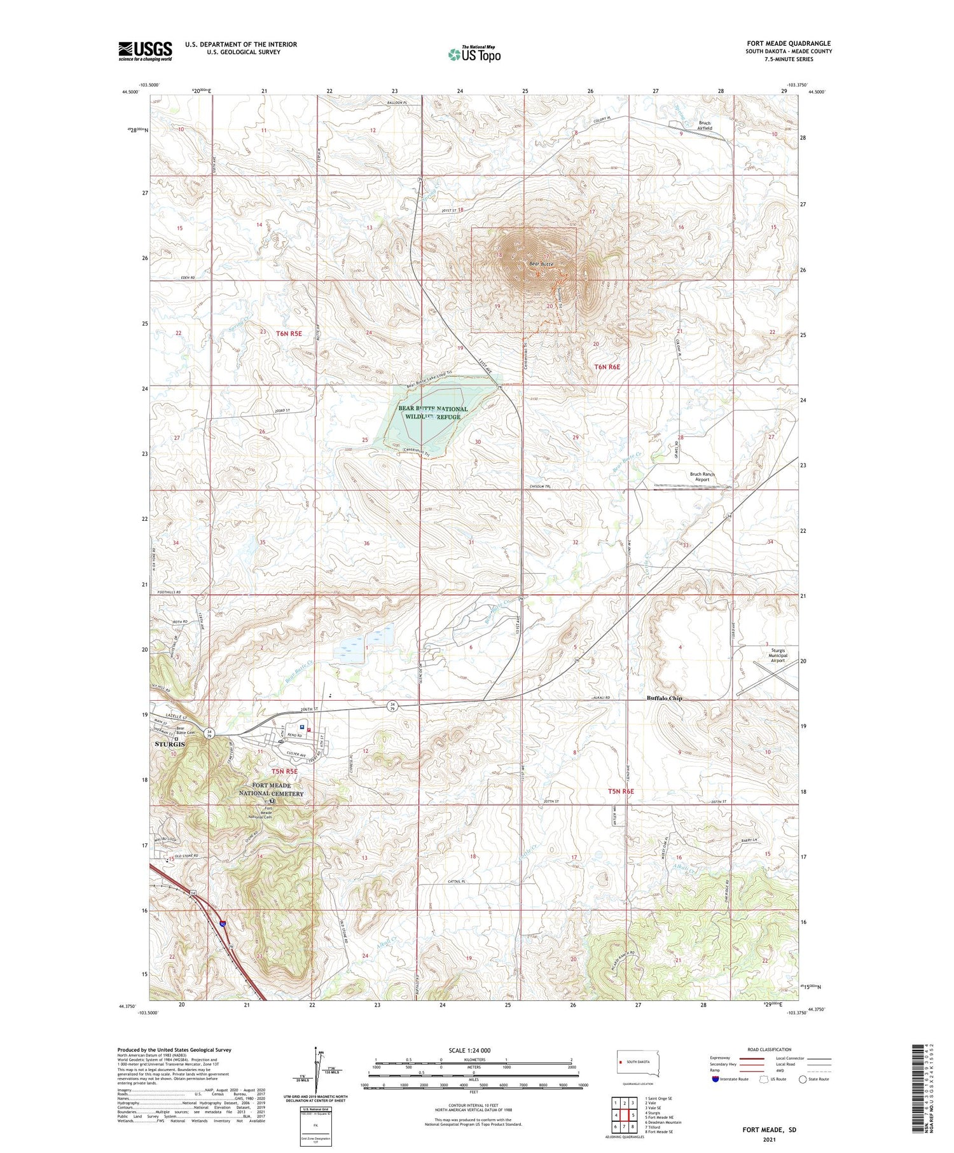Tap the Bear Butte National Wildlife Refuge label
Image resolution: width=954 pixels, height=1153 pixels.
tap(432, 413)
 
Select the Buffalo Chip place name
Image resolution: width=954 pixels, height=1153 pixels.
tap(665, 698)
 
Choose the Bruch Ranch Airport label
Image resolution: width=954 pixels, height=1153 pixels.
tap(702, 477)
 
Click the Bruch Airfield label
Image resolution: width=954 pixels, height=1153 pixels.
tap(704, 125)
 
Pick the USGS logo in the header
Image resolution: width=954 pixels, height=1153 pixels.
tap(145, 51)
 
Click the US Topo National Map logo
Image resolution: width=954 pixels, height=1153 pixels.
tap(474, 54)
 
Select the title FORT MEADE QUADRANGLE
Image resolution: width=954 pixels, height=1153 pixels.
tap(788, 43)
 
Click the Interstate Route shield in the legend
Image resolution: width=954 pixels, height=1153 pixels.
tap(715, 1079)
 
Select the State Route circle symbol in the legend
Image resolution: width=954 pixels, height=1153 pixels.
tap(803, 1079)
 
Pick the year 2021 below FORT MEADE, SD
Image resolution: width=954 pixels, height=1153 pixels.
tap(769, 1139)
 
